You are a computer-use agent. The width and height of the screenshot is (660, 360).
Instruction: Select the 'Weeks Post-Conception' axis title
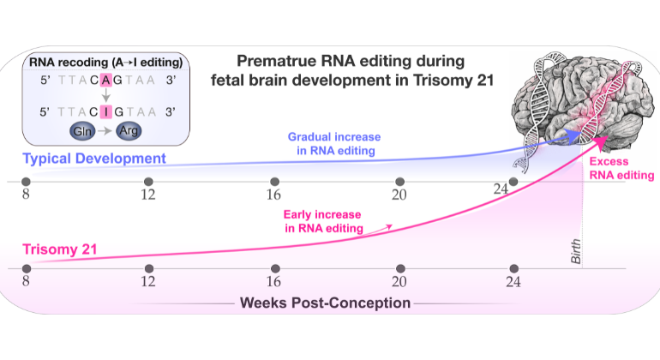325,303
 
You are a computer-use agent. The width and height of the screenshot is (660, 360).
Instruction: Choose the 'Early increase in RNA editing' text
324,220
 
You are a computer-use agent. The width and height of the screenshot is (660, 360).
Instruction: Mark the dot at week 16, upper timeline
274,182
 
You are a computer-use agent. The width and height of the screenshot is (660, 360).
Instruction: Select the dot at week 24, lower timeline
513,269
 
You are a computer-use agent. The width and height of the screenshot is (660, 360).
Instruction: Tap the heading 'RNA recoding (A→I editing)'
105,62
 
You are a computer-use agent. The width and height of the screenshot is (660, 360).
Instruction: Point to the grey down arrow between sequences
105,95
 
